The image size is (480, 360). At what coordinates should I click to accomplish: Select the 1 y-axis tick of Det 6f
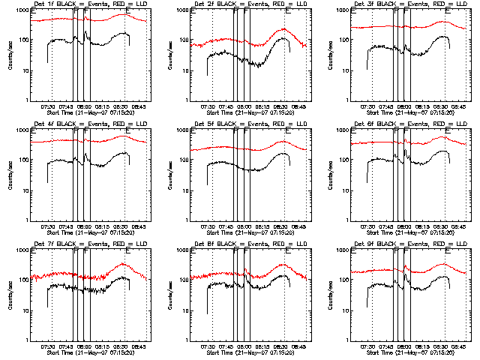tap(345, 220)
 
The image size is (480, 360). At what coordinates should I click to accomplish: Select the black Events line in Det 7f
tap(60, 286)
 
